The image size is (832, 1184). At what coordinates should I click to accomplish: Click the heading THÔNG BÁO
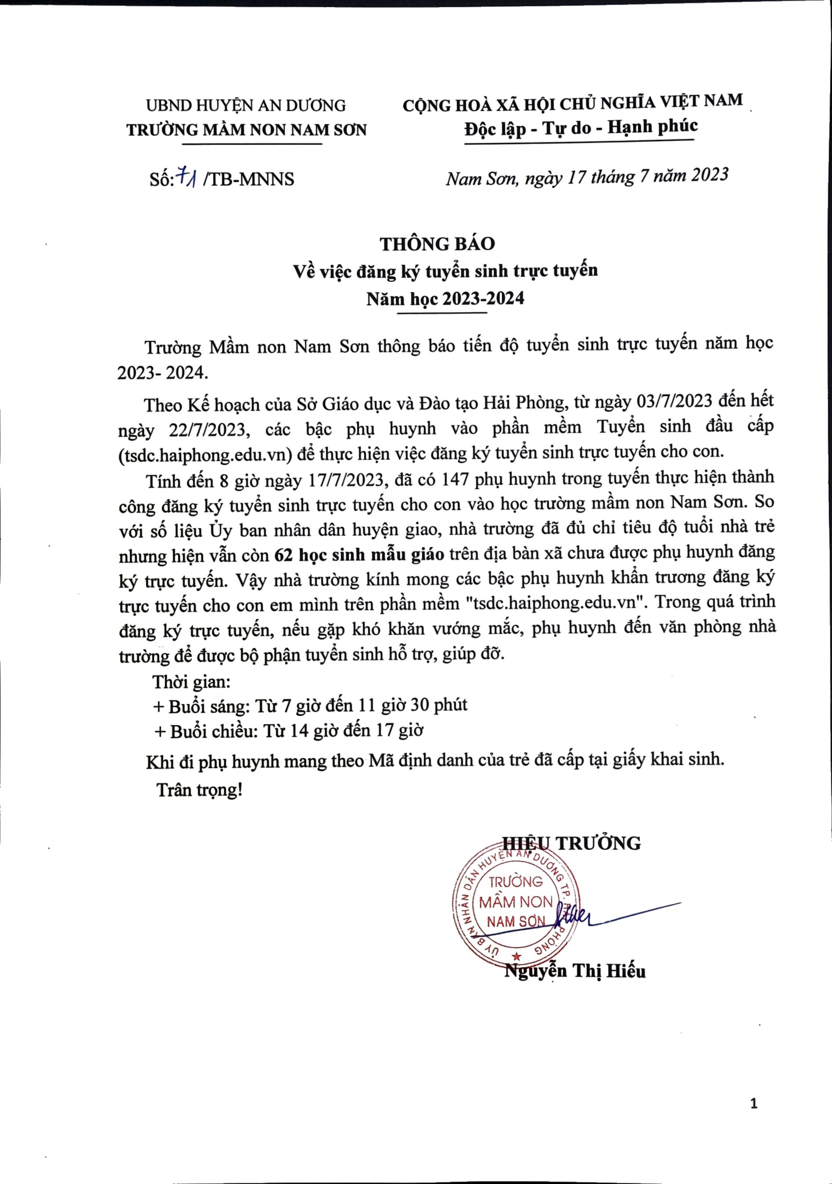pyautogui.click(x=438, y=243)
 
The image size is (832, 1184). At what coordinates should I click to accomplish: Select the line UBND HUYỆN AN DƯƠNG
pyautogui.click(x=246, y=106)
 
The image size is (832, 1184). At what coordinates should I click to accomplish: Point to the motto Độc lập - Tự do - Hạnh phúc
pyautogui.click(x=580, y=127)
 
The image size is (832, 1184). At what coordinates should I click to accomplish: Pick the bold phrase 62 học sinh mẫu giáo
pyautogui.click(x=359, y=554)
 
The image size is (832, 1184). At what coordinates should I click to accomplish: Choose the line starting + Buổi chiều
pyautogui.click(x=289, y=731)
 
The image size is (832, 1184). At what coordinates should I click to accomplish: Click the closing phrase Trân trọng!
pyautogui.click(x=199, y=790)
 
